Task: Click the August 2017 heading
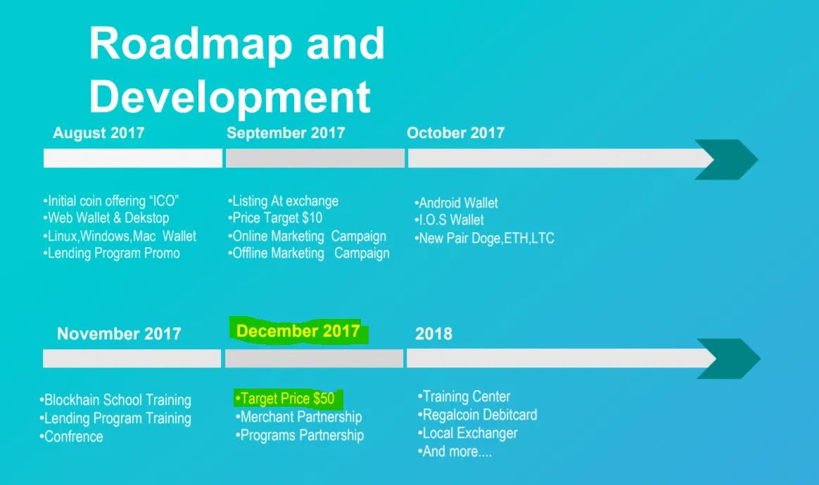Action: pos(99,133)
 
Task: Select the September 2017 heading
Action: pos(286,133)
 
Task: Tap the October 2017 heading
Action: pos(455,133)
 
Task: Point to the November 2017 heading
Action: pos(119,334)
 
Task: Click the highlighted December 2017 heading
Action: pos(298,331)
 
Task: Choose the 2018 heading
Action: pos(433,334)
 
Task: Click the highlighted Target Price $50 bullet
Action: pos(285,398)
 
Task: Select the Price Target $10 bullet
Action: pos(275,218)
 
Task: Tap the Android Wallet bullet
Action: pos(456,203)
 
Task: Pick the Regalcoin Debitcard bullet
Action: pos(478,415)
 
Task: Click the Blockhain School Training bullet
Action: pos(115,401)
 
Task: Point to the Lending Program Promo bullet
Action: pos(111,253)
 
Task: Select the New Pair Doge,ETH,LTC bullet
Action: pos(484,239)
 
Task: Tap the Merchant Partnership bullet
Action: pos(299,417)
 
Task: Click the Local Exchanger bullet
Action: pos(467,433)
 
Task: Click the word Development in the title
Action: pos(230,97)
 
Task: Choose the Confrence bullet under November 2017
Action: pos(72,437)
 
